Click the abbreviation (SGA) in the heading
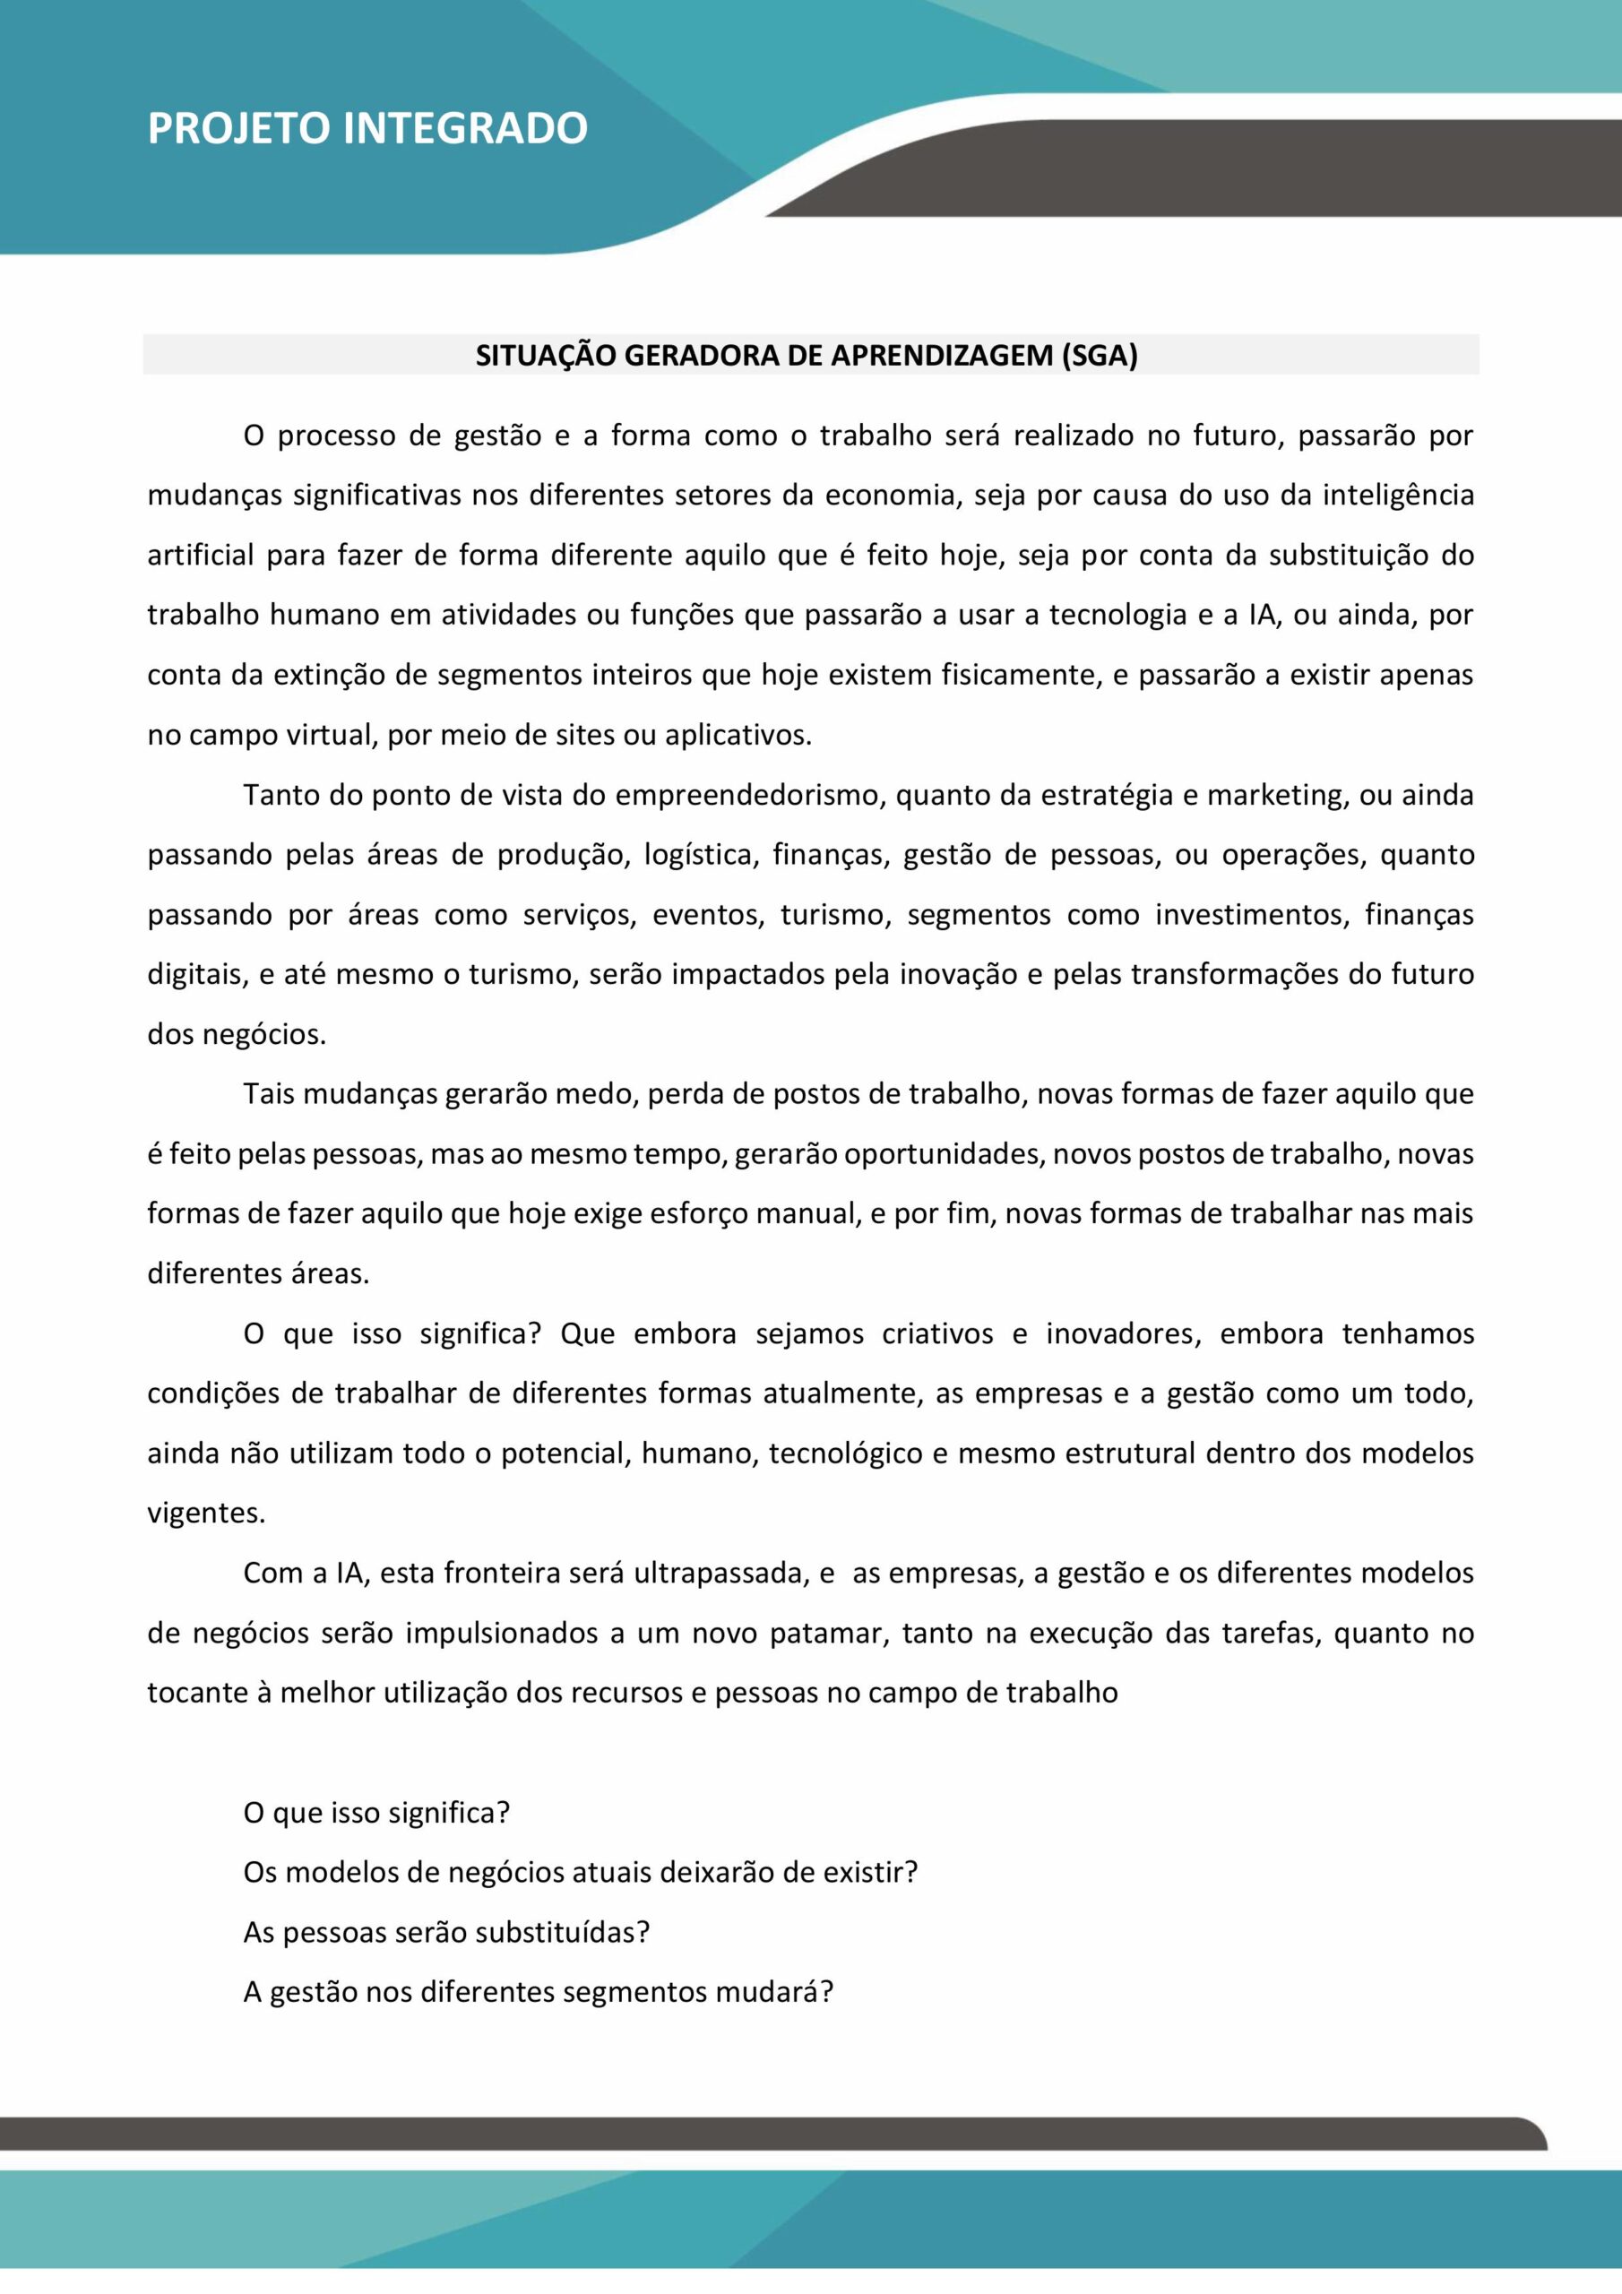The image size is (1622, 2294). coord(1100,356)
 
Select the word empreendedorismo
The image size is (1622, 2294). coord(749,796)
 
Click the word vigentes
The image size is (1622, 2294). coord(206,1514)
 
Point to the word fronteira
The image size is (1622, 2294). coord(503,1574)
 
